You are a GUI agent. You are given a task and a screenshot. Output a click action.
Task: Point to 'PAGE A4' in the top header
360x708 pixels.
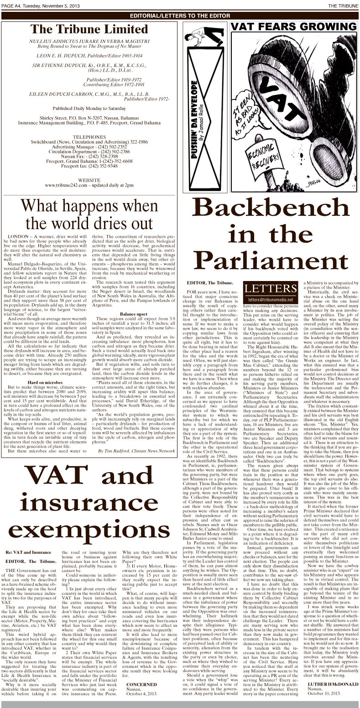click(13, 5)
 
